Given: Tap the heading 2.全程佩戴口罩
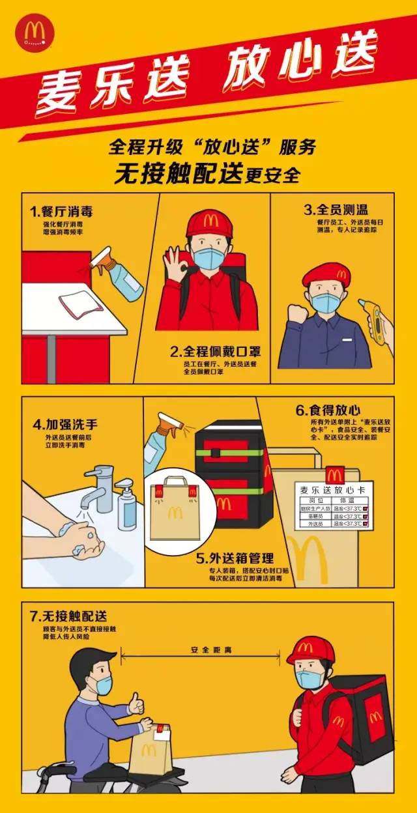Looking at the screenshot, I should (216, 352).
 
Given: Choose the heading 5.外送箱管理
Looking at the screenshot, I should (235, 558).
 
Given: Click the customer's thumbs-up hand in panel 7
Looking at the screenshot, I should (135, 704).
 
